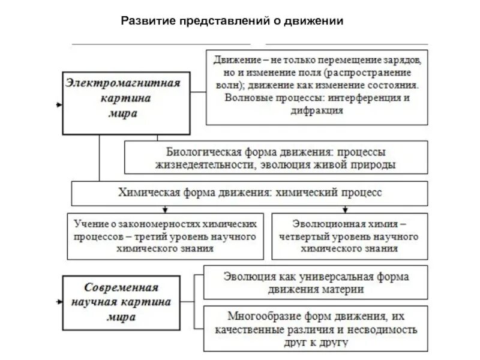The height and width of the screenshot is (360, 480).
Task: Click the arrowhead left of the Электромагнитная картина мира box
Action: tap(58, 105)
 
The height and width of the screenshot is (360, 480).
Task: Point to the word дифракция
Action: tap(318, 110)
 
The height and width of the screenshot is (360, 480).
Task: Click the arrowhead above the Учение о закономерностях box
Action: tap(164, 210)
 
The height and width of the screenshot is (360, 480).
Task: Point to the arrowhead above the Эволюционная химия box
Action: tap(344, 210)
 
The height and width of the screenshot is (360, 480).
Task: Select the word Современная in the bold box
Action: tap(122, 287)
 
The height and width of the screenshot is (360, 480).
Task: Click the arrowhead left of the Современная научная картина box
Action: tap(58, 301)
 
